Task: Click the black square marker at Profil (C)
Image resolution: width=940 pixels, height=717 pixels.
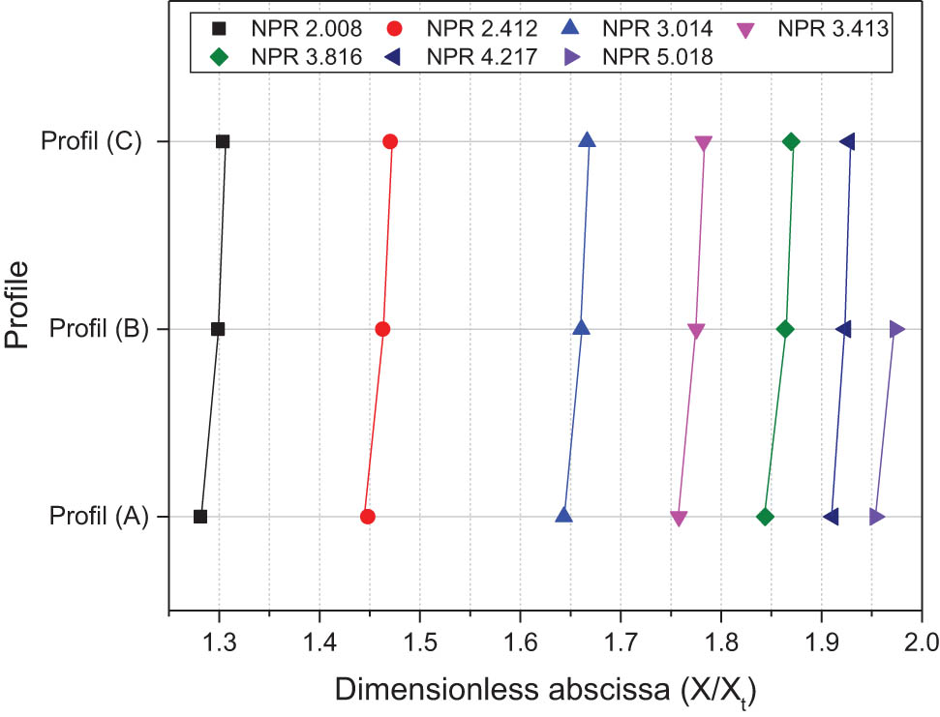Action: (223, 141)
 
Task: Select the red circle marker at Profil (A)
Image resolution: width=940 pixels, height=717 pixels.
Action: (368, 517)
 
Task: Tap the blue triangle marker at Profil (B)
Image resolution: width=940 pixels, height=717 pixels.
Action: (581, 328)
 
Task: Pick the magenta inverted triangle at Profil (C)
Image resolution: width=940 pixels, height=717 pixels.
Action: (704, 143)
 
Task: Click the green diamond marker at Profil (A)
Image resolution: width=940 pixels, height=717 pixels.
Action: (766, 517)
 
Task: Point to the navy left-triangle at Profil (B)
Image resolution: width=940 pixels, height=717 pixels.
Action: (844, 329)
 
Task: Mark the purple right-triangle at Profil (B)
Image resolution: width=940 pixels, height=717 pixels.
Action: (897, 329)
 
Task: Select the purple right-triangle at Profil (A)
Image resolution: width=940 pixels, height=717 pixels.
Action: (877, 517)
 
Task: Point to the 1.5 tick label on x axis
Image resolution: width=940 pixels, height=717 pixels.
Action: (419, 642)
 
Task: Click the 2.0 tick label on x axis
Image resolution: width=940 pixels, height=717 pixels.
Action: (921, 642)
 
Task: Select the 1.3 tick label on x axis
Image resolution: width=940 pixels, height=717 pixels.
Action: (219, 642)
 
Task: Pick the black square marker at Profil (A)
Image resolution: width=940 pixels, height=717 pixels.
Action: (200, 517)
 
